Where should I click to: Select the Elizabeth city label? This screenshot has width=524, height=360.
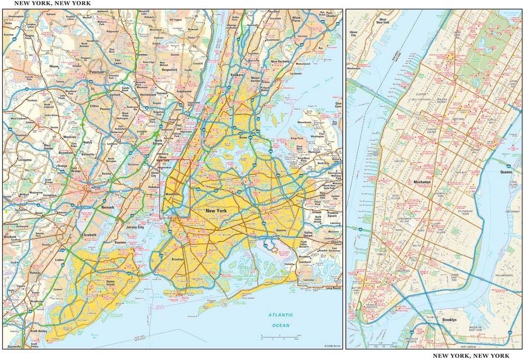[89, 235]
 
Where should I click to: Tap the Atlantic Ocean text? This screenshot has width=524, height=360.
[279, 320]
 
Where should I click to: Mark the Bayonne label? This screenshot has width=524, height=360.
[121, 243]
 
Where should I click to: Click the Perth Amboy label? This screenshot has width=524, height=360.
[38, 331]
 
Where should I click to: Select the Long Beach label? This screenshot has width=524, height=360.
[333, 288]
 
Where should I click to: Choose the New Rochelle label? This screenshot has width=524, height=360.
[281, 62]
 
